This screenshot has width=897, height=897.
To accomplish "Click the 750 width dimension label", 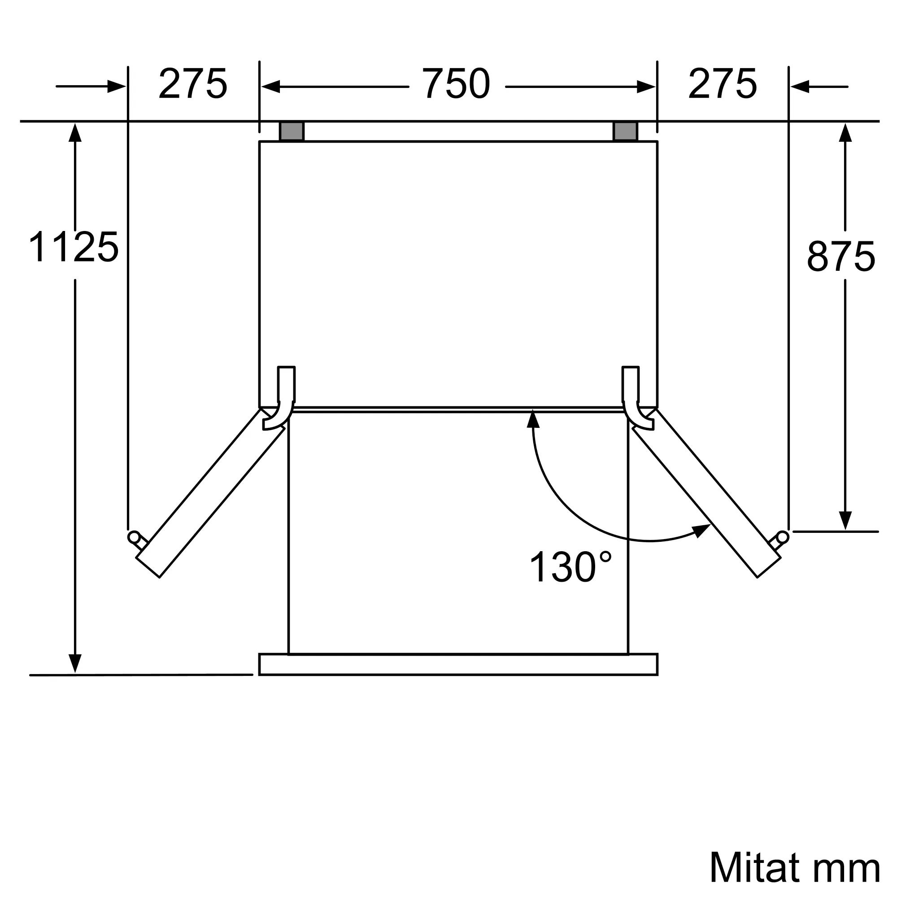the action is point(456,83).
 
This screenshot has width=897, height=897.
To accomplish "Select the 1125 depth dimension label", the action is point(74,248).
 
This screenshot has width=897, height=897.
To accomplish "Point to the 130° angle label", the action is point(570,567).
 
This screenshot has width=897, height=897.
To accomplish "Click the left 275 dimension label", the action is point(193,83).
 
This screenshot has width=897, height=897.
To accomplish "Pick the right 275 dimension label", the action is point(723,83).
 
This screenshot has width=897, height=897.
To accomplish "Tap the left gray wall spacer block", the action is point(292,131).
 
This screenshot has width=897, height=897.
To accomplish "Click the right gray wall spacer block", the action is point(625,131).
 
